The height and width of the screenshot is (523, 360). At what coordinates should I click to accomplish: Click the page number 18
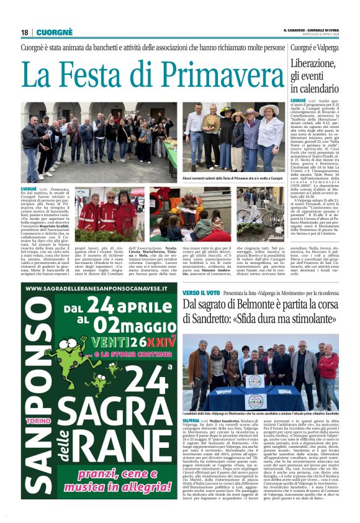(25, 32)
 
